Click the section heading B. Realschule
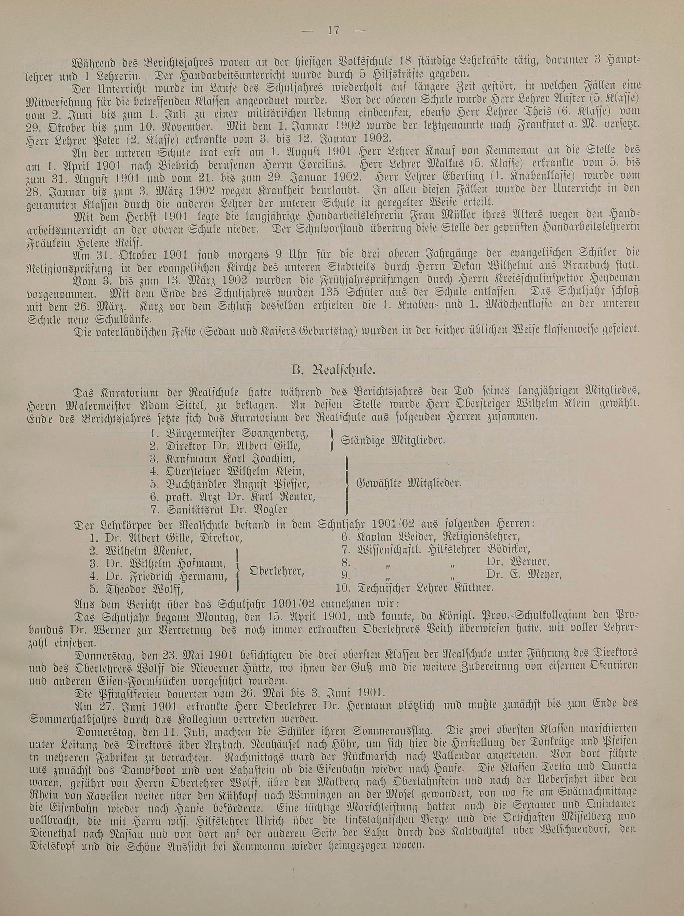point(341,368)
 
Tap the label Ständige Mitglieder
point(393,440)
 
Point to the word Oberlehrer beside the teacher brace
point(276,570)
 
